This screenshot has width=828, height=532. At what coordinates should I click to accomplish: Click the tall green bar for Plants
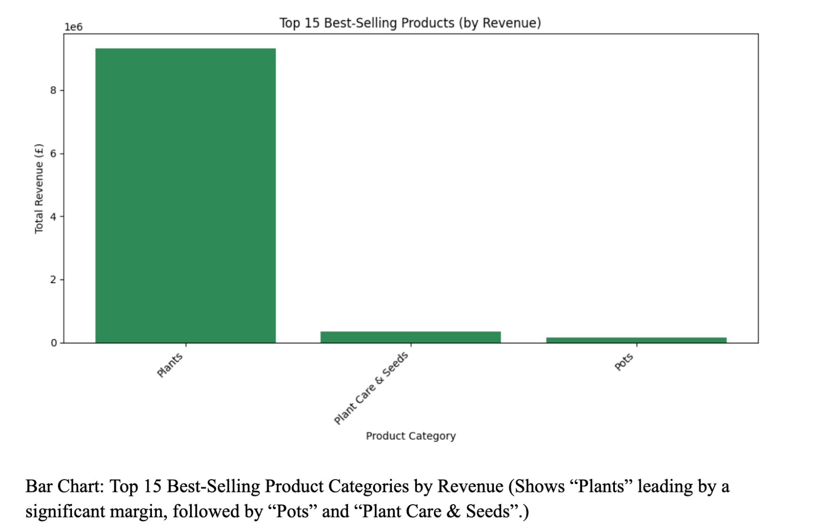[x=185, y=195]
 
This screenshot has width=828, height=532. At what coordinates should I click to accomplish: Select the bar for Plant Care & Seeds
[x=410, y=337]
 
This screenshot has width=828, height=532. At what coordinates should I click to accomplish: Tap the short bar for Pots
[x=636, y=340]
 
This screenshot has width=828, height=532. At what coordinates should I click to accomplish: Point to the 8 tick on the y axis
[x=53, y=90]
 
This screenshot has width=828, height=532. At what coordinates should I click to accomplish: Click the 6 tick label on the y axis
[x=53, y=153]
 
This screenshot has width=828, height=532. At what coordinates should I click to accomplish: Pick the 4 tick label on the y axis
[x=53, y=217]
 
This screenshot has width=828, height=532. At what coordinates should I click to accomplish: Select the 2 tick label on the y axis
[x=53, y=280]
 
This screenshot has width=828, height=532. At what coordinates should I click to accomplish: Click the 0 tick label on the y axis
[x=53, y=343]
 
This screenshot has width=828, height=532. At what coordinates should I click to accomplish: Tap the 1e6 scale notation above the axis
[x=73, y=27]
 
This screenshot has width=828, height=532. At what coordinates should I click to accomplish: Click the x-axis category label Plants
[x=170, y=365]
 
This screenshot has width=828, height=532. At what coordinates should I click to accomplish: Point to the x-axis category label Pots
[x=624, y=362]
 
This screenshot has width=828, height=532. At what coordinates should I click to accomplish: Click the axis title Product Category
[x=410, y=436]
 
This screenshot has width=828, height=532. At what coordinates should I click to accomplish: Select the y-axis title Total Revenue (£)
[x=39, y=188]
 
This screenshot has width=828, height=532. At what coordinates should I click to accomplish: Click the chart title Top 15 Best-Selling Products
[x=410, y=23]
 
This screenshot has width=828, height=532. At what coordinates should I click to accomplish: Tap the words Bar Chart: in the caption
[x=64, y=486]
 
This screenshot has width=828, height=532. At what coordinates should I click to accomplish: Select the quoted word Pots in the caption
[x=292, y=511]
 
